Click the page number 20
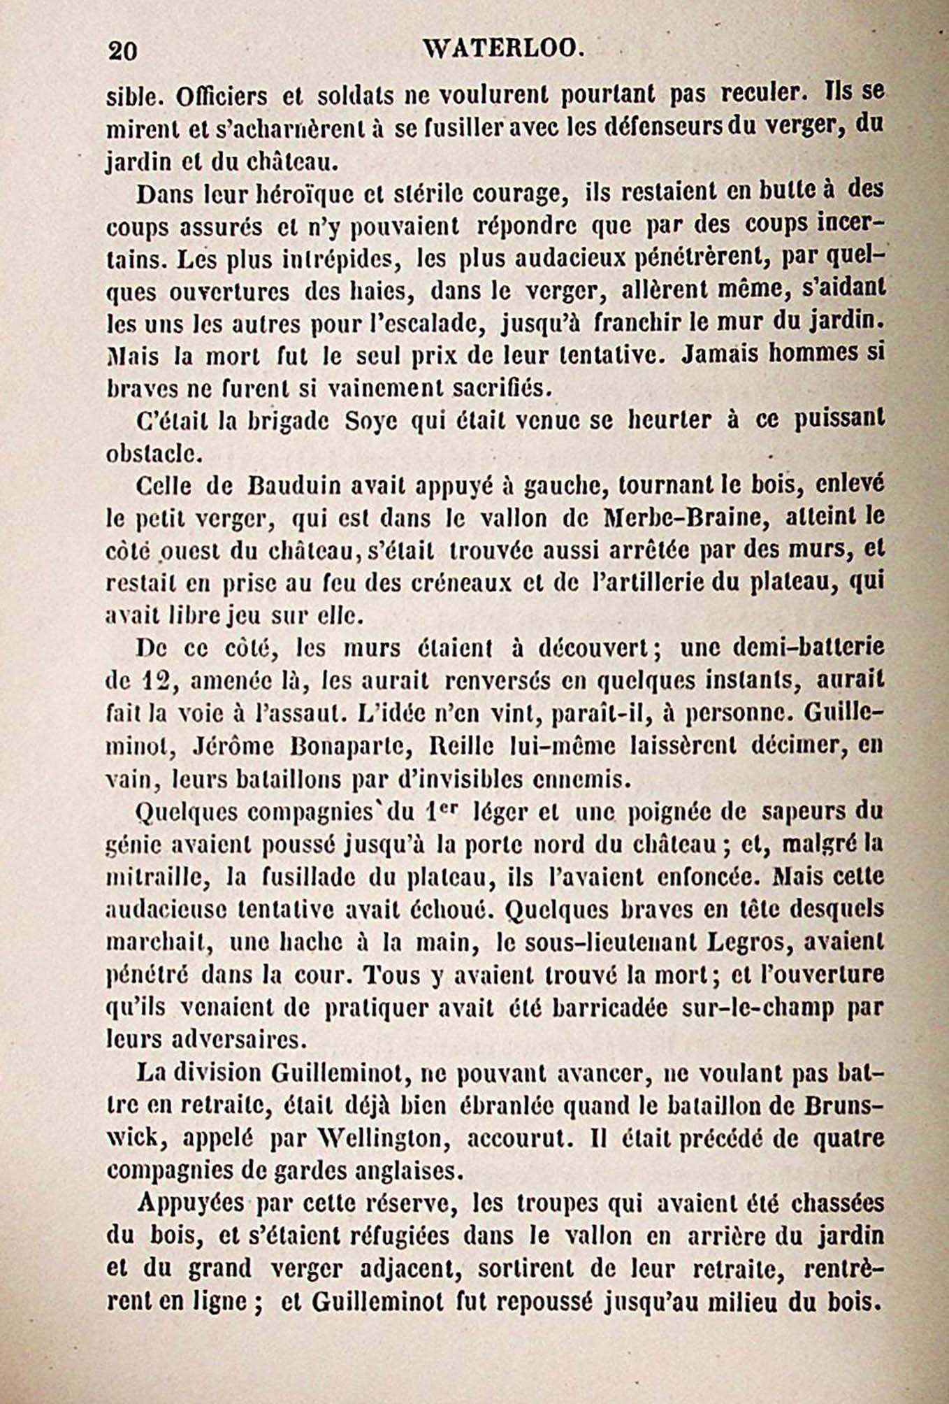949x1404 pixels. tap(123, 51)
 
